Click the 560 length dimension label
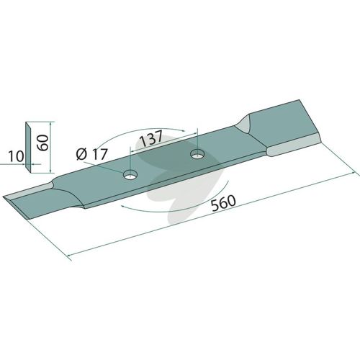pos(224,203)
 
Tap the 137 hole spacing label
pos(151,139)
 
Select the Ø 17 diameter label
pos(91,154)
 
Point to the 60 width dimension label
pos(43,143)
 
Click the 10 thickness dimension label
pos(17,156)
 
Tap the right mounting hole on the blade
pos(198,154)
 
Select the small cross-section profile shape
pos(28,147)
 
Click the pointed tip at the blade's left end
pos(4,197)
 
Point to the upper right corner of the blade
pos(300,100)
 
